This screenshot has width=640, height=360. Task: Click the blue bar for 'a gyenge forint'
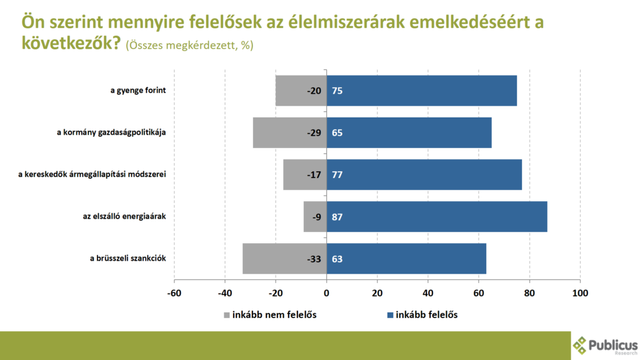point(422,91)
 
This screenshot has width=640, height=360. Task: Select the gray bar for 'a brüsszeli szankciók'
point(284,259)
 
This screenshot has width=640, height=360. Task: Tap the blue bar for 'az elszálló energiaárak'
point(437,217)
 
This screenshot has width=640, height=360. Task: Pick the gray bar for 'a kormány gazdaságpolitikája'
point(289,132)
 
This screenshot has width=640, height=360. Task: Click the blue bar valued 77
point(425,174)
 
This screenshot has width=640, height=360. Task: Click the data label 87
point(337,217)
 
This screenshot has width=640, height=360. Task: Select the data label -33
point(314,259)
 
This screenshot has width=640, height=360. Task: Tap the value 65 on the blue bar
point(337,132)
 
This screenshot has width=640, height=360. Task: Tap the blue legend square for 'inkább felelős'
point(391,315)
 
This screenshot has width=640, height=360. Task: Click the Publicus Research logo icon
point(581,345)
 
